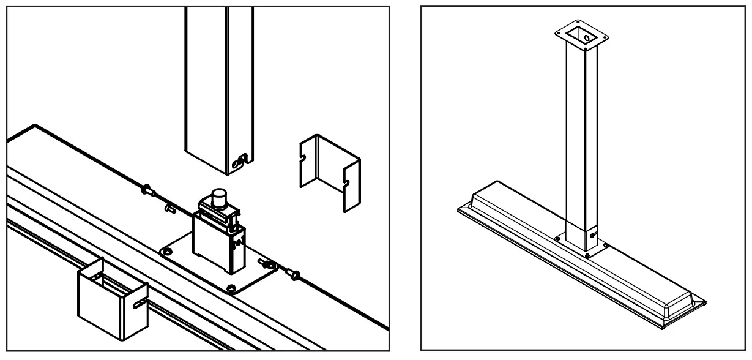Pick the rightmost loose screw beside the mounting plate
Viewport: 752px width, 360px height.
294,275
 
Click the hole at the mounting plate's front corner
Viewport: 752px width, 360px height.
230,288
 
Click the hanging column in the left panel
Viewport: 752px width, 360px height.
218,86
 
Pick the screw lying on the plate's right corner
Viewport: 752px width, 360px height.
267,264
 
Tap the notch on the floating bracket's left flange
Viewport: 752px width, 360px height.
303,162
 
